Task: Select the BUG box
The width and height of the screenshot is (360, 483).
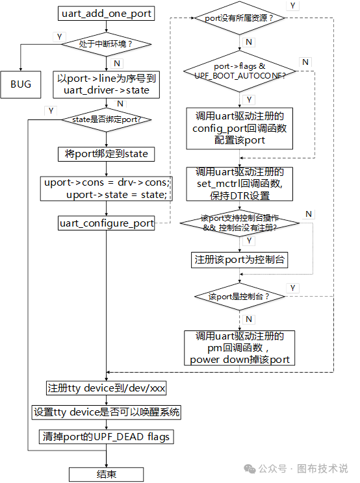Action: pyautogui.click(x=21, y=84)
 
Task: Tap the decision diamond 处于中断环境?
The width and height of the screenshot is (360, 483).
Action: pyautogui.click(x=107, y=44)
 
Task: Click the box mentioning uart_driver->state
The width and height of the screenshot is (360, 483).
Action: pyautogui.click(x=107, y=84)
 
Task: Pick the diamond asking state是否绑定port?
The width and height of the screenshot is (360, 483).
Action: pyautogui.click(x=107, y=119)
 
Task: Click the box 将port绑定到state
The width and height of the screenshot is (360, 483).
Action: pyautogui.click(x=107, y=154)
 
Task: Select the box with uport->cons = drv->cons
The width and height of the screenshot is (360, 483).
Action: pyautogui.click(x=107, y=188)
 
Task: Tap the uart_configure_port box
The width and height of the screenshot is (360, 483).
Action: pyautogui.click(x=107, y=223)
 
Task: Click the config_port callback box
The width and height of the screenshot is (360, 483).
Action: pyautogui.click(x=240, y=128)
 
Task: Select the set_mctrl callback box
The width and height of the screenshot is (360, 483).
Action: pyautogui.click(x=240, y=183)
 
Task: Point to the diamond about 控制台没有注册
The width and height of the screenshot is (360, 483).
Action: pyautogui.click(x=240, y=223)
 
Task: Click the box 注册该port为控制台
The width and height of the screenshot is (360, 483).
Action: pyautogui.click(x=240, y=259)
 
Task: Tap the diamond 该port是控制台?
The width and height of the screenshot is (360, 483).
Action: pyautogui.click(x=240, y=296)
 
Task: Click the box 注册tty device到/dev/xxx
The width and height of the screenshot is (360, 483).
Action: pyautogui.click(x=107, y=388)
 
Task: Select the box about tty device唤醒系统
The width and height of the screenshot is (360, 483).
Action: pyautogui.click(x=107, y=412)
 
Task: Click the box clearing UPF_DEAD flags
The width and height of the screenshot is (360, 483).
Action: pyautogui.click(x=107, y=436)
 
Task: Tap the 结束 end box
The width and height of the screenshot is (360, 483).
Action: pyautogui.click(x=107, y=474)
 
